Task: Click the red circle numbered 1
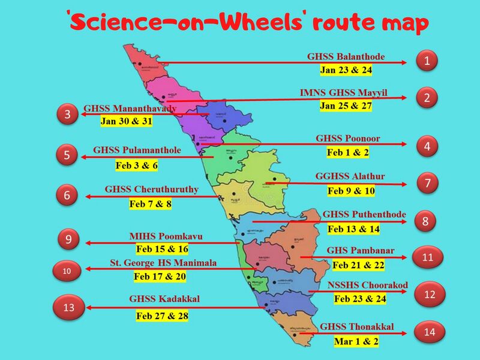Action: click(427, 61)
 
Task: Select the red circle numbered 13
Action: click(70, 308)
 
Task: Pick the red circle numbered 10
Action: click(67, 271)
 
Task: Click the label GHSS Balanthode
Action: click(346, 58)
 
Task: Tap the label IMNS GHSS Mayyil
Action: click(344, 94)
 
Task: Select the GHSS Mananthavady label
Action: click(130, 109)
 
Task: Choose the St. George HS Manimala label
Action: click(163, 263)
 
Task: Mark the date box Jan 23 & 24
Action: click(346, 70)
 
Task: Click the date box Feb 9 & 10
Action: click(351, 191)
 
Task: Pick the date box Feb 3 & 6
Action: click(137, 165)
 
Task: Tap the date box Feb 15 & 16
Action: click(162, 249)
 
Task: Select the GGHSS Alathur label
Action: click(350, 177)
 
